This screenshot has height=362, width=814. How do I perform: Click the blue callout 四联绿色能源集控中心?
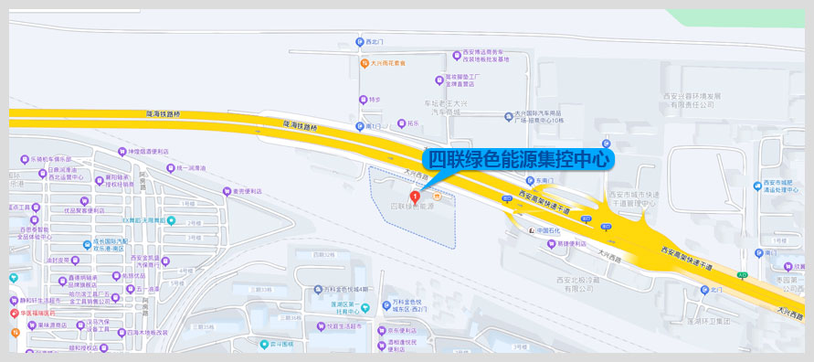(519, 158)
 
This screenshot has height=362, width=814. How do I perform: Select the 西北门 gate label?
(375, 42)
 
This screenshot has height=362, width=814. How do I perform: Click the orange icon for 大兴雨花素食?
(362, 63)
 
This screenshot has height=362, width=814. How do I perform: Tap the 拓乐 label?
(413, 123)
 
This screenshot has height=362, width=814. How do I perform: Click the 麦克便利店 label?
(245, 191)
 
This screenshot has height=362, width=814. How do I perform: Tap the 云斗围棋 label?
(278, 344)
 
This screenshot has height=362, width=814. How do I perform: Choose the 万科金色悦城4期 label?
(344, 289)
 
